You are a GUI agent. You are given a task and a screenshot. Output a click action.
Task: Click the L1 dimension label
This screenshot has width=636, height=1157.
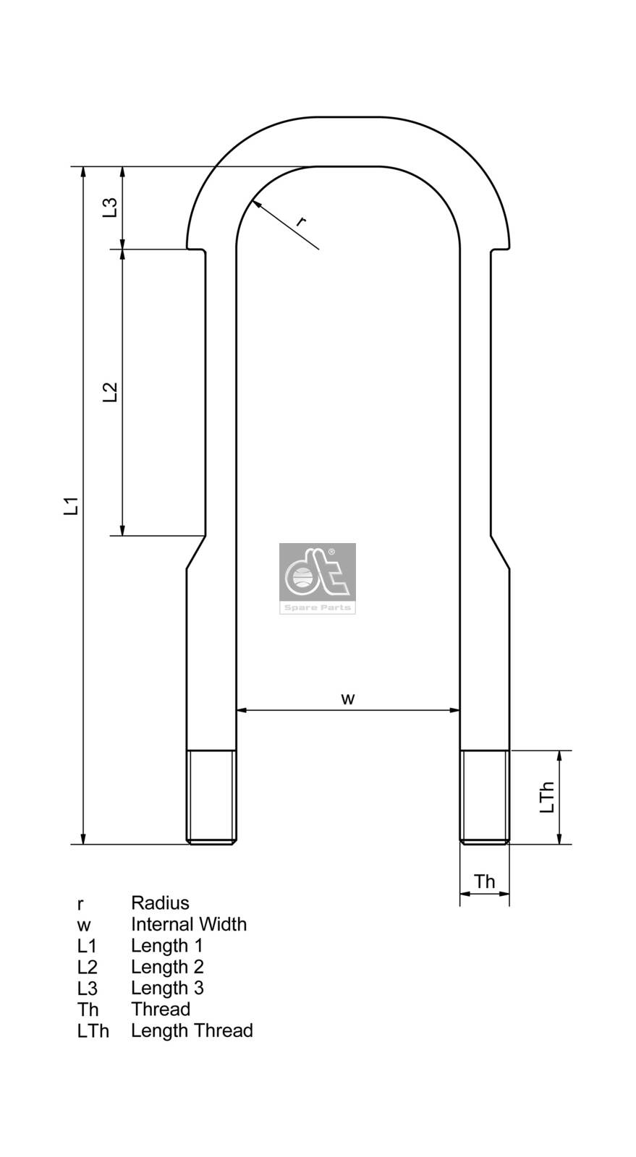pyautogui.click(x=71, y=505)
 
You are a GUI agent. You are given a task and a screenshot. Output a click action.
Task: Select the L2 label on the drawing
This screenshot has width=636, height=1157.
pyautogui.click(x=110, y=393)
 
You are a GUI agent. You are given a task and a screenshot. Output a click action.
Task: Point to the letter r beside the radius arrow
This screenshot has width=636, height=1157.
pyautogui.click(x=300, y=221)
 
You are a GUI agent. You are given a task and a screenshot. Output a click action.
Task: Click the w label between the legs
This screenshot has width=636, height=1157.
pyautogui.click(x=348, y=699)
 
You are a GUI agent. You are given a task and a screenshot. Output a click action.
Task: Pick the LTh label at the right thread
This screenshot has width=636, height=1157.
pyautogui.click(x=548, y=797)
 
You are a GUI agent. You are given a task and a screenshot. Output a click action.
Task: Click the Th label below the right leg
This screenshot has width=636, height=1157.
pyautogui.click(x=484, y=881)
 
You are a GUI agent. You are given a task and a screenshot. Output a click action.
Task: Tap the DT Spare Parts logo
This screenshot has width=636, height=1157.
pyautogui.click(x=317, y=578)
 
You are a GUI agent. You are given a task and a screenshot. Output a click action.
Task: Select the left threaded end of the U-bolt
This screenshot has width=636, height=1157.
pyautogui.click(x=211, y=797)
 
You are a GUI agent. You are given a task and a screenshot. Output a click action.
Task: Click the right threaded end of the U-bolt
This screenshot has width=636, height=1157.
pyautogui.click(x=485, y=797)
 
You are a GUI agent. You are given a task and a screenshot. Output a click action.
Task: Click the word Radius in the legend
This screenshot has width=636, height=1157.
pyautogui.click(x=160, y=903)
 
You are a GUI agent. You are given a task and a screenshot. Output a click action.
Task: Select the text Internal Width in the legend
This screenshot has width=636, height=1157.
pyautogui.click(x=188, y=924)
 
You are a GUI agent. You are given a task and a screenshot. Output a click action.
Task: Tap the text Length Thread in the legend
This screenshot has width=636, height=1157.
pyautogui.click(x=192, y=1030)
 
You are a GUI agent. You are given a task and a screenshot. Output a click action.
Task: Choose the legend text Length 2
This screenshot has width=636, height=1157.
pyautogui.click(x=167, y=967)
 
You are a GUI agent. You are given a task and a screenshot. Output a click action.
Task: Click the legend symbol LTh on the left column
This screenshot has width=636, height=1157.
pyautogui.click(x=93, y=1031)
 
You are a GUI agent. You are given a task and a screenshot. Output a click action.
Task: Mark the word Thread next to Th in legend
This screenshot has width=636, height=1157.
pyautogui.click(x=161, y=1009)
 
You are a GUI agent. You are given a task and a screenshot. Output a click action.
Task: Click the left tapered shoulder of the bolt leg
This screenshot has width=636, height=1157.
pyautogui.click(x=195, y=552)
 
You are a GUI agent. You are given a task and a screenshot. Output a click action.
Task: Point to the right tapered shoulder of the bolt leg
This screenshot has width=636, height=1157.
pyautogui.click(x=500, y=552)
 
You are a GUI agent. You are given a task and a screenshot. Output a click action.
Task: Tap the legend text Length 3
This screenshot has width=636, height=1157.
pyautogui.click(x=167, y=988)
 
